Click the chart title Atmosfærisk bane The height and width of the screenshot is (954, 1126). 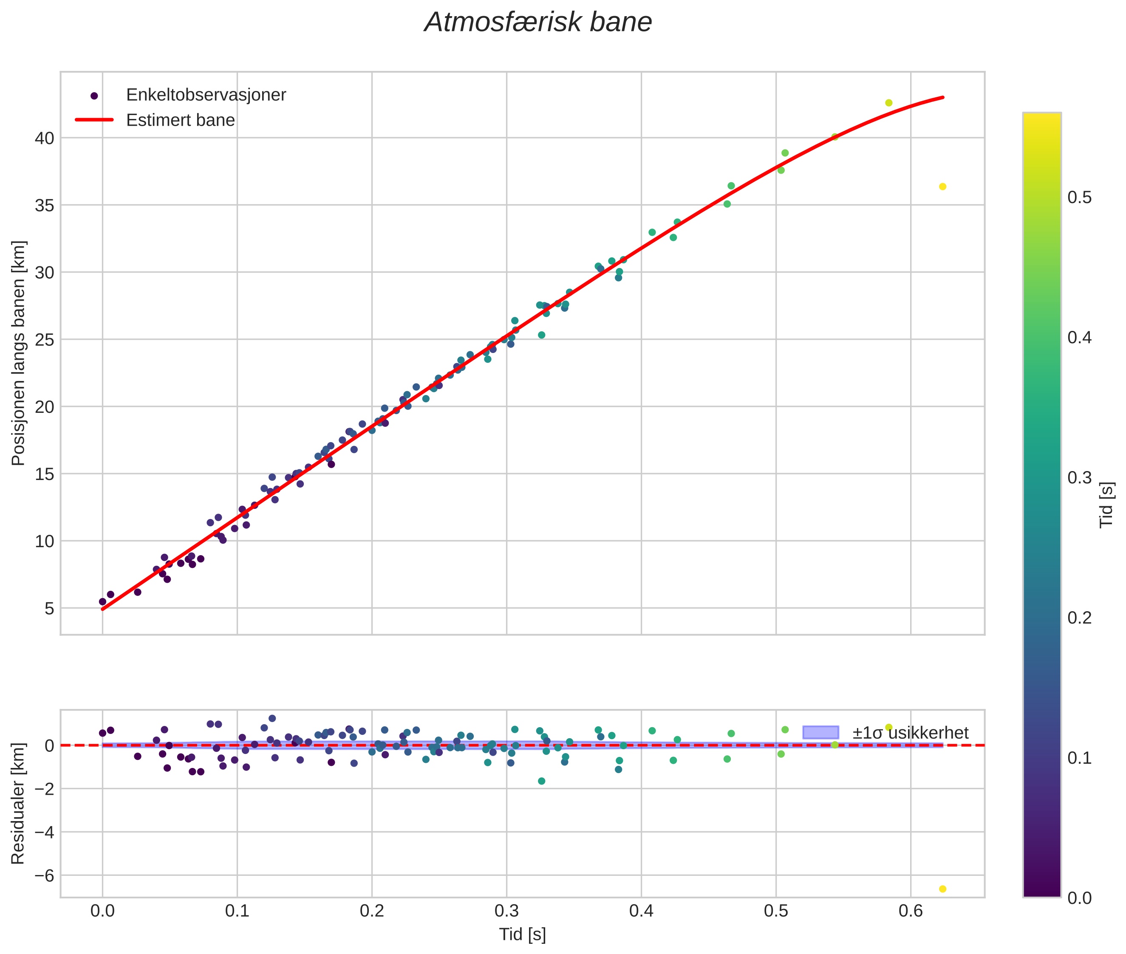(538, 23)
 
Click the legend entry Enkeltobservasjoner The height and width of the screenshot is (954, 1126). (206, 95)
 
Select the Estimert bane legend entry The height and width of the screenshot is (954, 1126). (180, 120)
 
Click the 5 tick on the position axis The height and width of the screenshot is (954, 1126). (49, 608)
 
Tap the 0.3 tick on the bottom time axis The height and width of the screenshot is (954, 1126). (506, 911)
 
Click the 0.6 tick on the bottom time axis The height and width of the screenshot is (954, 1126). (911, 911)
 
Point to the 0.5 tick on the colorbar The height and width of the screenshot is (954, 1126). (1079, 198)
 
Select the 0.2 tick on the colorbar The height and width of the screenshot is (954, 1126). (1079, 618)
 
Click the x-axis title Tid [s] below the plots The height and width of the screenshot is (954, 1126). (522, 934)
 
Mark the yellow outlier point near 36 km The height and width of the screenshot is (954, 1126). (942, 186)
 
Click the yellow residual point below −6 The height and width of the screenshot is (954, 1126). (942, 889)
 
